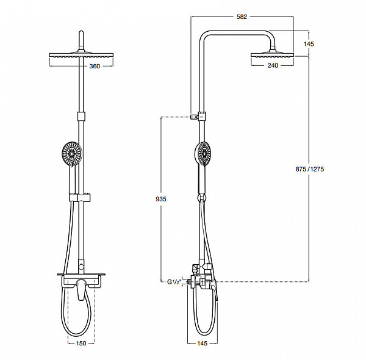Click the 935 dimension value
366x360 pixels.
point(161,200)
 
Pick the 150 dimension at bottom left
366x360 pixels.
point(80,344)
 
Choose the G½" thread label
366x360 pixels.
point(173,281)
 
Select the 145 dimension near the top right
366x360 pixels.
point(310,44)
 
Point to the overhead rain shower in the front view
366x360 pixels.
point(80,57)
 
